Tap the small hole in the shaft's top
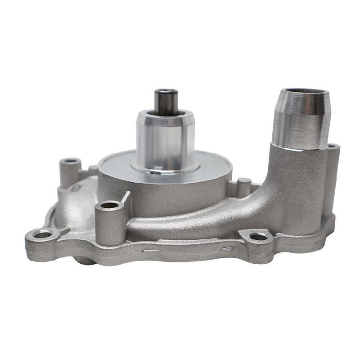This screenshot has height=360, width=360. [166, 92]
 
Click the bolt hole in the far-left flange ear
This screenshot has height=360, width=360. [43, 234]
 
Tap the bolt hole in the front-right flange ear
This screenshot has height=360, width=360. [258, 236]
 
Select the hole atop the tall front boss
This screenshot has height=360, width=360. [110, 206]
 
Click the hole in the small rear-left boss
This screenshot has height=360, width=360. [70, 161]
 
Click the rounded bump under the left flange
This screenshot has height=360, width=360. [84, 261]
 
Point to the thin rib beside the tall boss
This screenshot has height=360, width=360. [126, 198]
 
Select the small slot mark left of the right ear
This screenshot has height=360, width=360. [227, 247]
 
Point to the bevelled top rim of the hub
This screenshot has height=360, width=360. [166, 116]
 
